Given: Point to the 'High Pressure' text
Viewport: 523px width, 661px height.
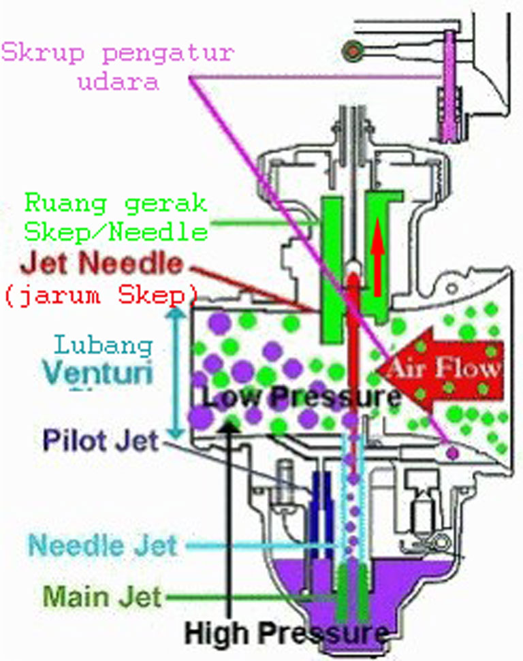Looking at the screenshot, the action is tap(286, 634).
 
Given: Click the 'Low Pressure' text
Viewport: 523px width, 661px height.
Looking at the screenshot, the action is tap(300, 396).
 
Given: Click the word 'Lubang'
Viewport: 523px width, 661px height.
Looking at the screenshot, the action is tap(103, 344).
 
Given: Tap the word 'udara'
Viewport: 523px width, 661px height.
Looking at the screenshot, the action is tap(118, 83).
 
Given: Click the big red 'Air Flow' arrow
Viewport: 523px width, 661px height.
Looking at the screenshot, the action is tap(436, 368).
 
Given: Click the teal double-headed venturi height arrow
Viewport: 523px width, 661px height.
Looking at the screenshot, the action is tap(178, 374).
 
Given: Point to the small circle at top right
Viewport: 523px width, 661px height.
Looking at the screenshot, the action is tap(353, 49).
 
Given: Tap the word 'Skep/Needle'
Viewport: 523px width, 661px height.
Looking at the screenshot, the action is tap(116, 232).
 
